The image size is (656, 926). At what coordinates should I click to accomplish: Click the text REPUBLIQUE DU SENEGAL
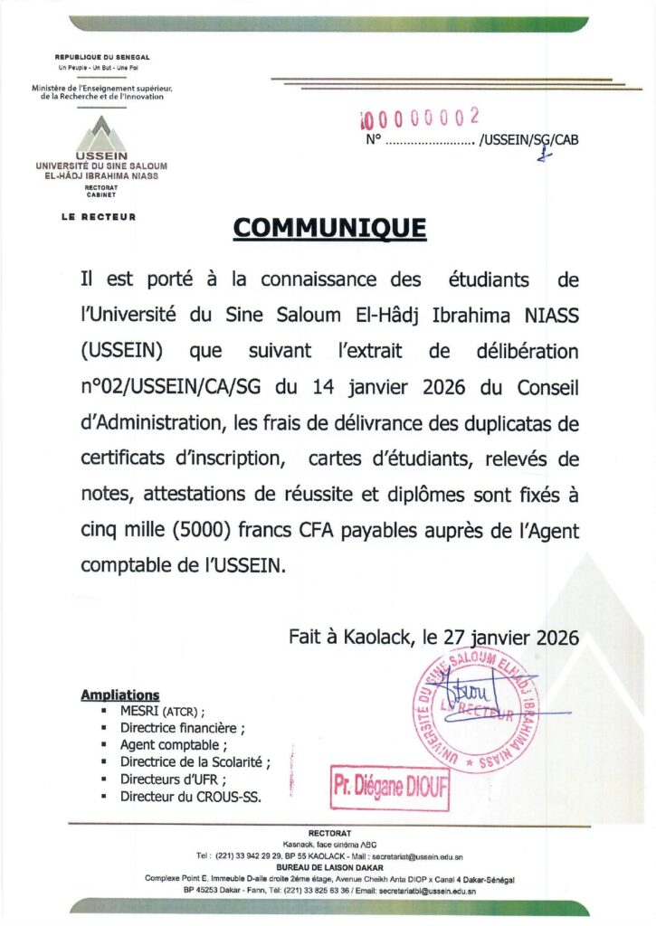102,58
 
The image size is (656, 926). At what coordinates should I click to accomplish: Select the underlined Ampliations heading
120,694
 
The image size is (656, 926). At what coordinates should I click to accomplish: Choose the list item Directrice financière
182,727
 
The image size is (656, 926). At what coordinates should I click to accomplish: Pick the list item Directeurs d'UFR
173,780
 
